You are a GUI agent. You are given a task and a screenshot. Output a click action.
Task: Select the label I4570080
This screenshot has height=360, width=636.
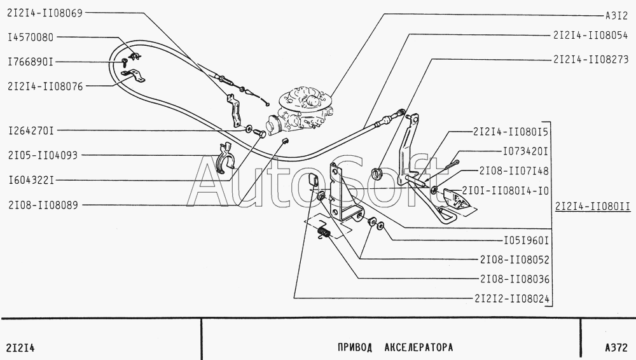coord(31,38)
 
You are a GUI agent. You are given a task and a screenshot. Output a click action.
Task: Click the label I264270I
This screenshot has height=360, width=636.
coord(31,131)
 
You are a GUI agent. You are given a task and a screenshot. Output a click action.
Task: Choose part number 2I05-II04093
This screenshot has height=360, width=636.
coord(42,155)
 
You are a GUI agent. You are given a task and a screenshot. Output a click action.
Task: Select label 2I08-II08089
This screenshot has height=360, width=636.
coord(42,205)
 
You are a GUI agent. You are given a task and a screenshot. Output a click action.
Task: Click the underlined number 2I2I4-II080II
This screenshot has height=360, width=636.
coord(592,207)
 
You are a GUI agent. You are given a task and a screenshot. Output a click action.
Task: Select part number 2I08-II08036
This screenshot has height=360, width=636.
coord(515,279)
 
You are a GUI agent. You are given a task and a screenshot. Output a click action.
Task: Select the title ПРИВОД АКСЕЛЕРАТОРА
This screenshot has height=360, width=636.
coord(394,348)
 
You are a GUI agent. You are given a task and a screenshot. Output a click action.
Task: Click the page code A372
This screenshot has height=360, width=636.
coord(616,348)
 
